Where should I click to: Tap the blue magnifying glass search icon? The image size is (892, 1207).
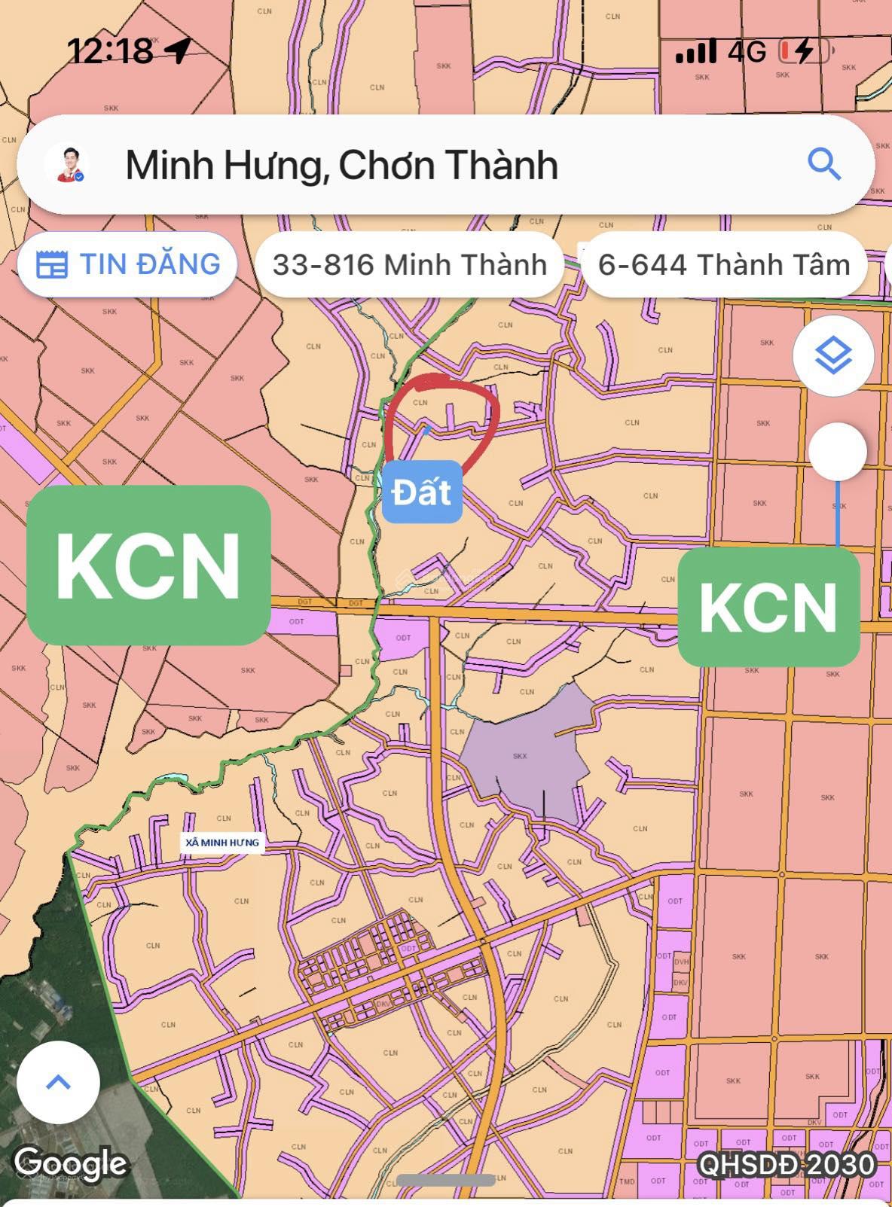coord(823,163)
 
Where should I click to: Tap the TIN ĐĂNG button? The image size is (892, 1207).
coord(127,264)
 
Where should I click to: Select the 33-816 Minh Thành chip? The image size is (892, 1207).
coord(409,264)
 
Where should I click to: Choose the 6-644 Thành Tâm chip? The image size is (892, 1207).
coord(723,264)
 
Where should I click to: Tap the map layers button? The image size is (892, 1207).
coord(832,355)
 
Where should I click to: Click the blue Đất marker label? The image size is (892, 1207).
coord(422,492)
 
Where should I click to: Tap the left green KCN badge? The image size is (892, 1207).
coord(148,565)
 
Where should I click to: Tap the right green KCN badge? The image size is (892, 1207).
coord(768,607)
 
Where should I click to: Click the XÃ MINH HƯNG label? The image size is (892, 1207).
coord(222,843)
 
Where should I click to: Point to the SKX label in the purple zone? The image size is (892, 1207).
coord(520,756)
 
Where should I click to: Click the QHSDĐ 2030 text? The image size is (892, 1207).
coord(786,1165)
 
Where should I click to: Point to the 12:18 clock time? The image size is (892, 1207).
coord(110,51)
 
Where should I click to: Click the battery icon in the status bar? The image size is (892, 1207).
coord(803,51)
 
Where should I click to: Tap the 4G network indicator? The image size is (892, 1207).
coord(747,51)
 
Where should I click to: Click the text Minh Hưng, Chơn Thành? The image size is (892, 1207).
coord(341,165)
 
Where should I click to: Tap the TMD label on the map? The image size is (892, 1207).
coord(627,1181)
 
